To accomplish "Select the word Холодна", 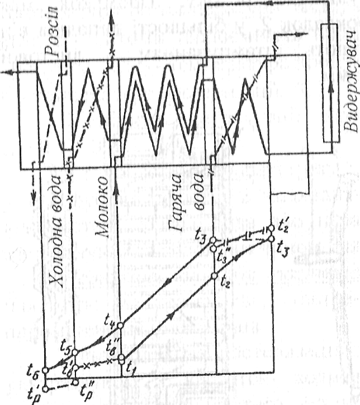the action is [x=54, y=265].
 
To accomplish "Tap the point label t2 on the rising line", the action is [x=225, y=281].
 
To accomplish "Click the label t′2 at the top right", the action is [x=283, y=225].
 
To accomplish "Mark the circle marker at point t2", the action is [x=214, y=277].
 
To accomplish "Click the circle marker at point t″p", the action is [x=75, y=383].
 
